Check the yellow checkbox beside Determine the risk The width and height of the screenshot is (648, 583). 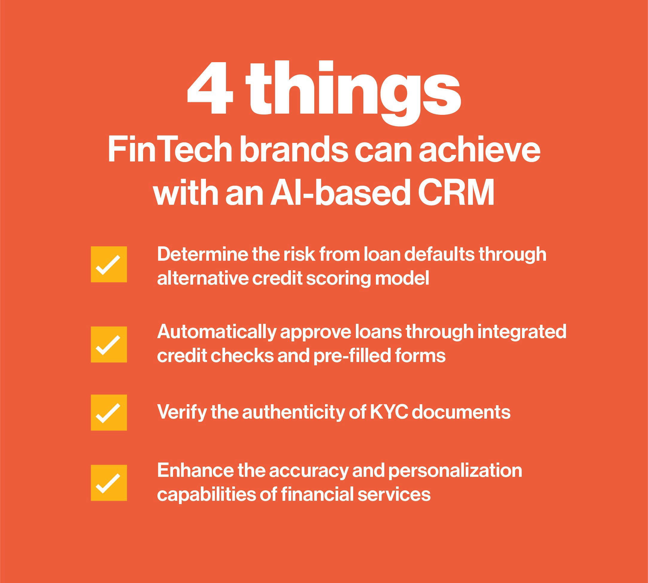click(109, 264)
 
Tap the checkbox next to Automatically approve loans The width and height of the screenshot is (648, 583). click(109, 344)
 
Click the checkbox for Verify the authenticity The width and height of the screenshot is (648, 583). click(109, 412)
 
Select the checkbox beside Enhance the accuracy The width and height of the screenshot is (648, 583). click(109, 483)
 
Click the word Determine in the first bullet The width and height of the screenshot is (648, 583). click(202, 254)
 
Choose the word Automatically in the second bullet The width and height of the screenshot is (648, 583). click(216, 332)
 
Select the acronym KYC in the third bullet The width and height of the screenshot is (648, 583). click(389, 412)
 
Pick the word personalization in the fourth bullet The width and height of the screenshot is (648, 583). click(455, 471)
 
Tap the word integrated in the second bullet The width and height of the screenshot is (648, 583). click(522, 332)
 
